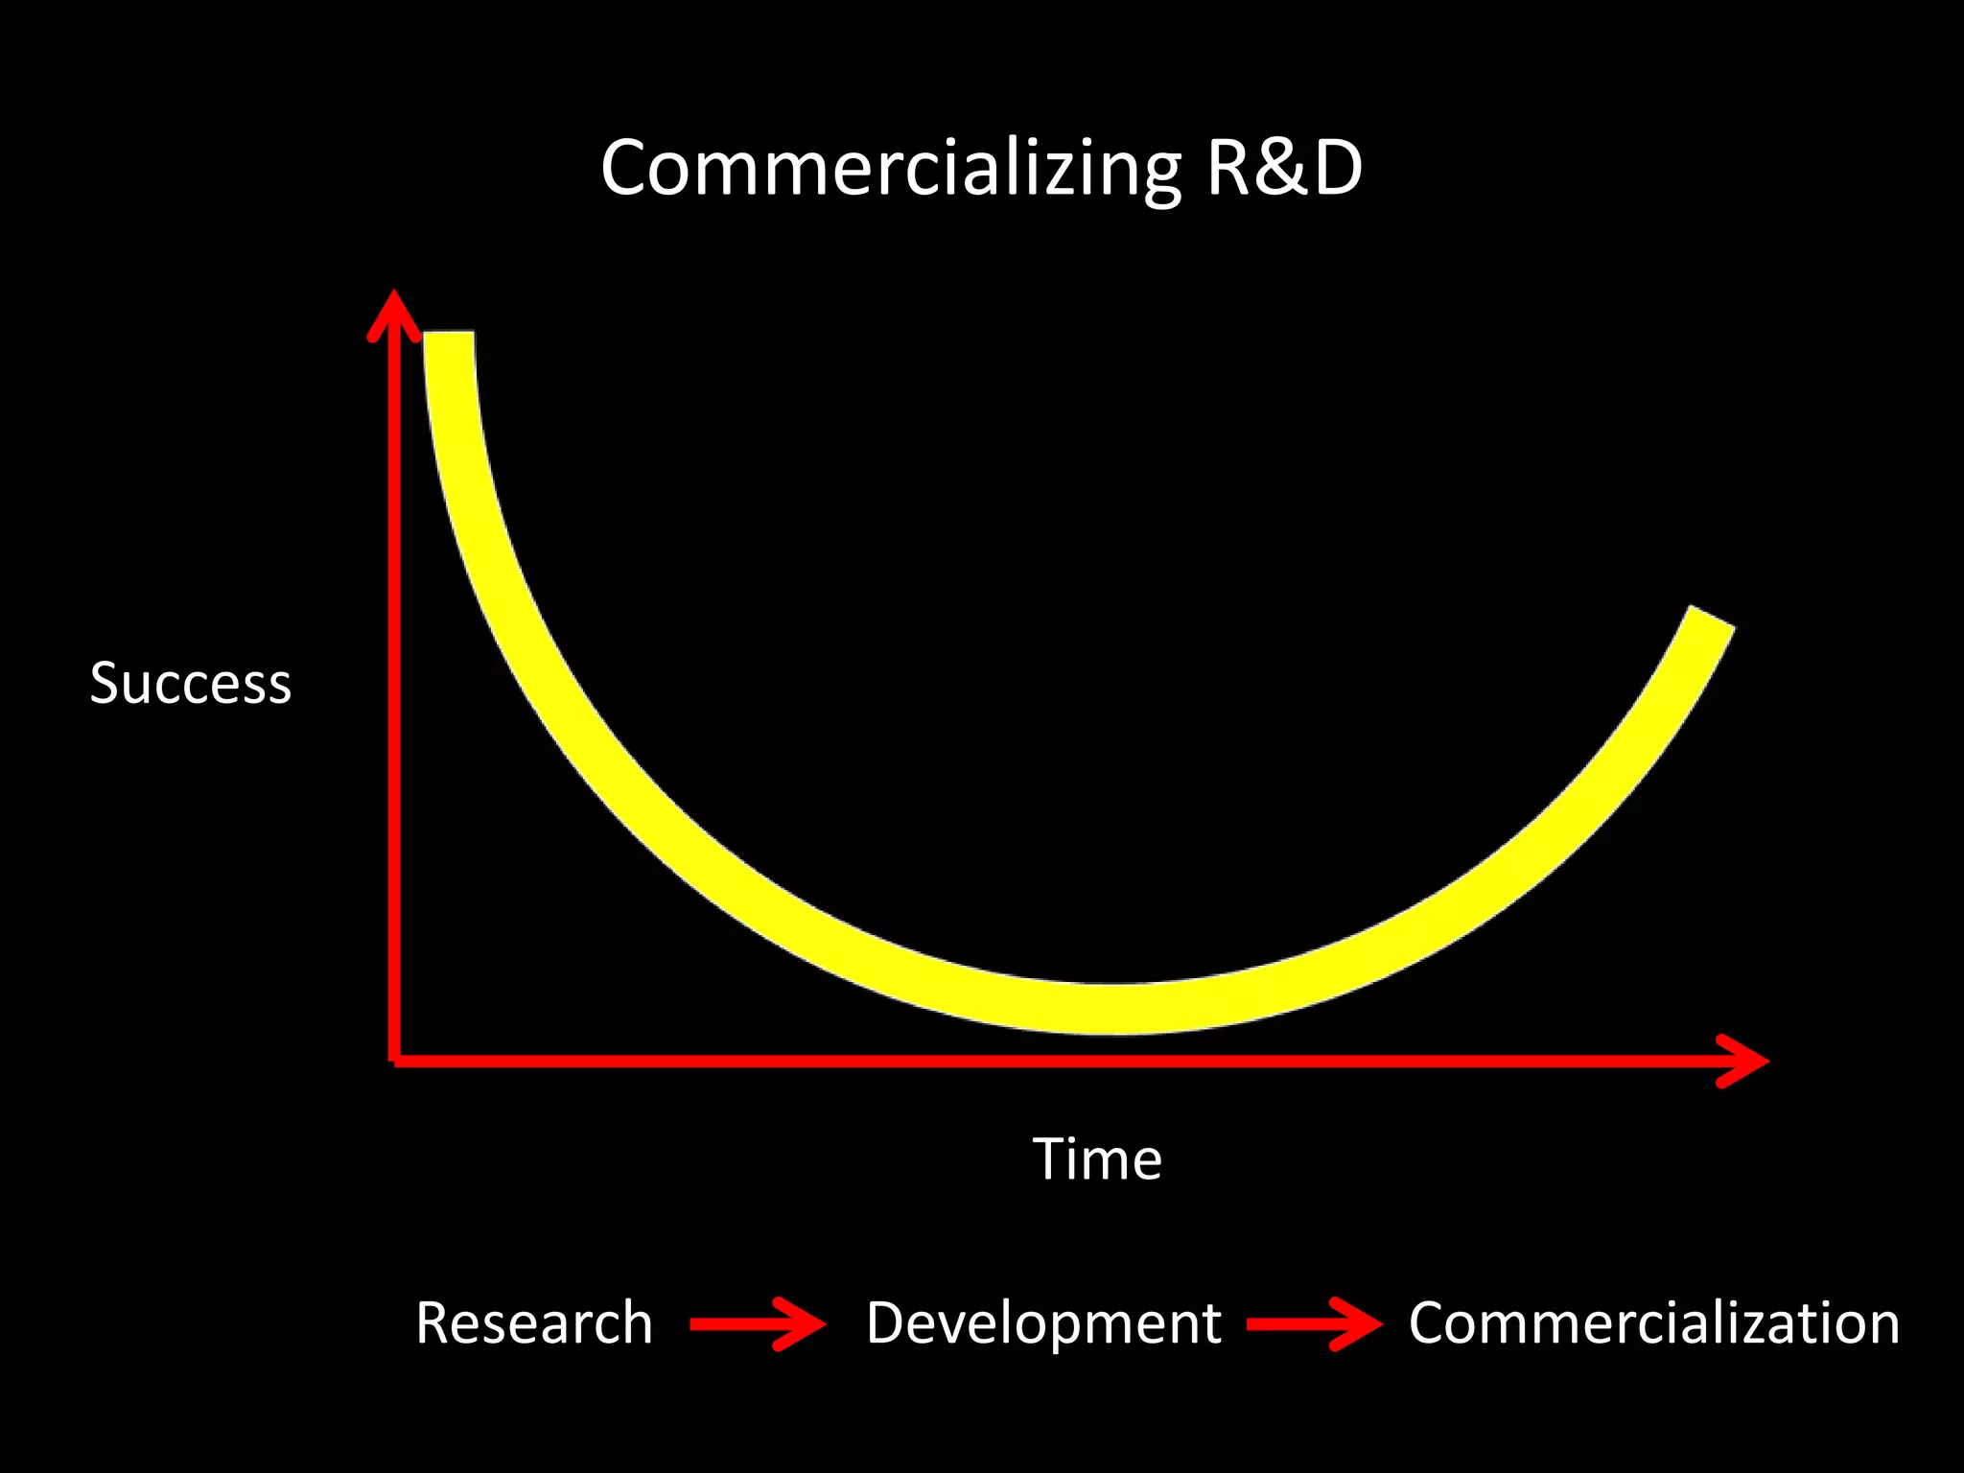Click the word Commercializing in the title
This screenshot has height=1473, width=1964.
pyautogui.click(x=890, y=169)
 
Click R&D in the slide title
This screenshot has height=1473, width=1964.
pyautogui.click(x=1283, y=169)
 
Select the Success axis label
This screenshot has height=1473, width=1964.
pyautogui.click(x=190, y=684)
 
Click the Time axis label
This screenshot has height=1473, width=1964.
pyautogui.click(x=1097, y=1159)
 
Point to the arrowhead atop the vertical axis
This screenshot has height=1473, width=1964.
pyautogui.click(x=394, y=307)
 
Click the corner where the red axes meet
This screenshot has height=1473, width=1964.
pyautogui.click(x=394, y=1060)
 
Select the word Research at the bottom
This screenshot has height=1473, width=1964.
pyautogui.click(x=534, y=1324)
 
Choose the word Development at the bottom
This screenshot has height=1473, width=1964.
pyautogui.click(x=1043, y=1324)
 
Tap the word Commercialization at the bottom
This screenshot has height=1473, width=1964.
pyautogui.click(x=1653, y=1324)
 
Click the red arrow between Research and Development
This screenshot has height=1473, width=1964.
pyautogui.click(x=758, y=1324)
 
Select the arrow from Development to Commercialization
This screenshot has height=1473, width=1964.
pyautogui.click(x=1314, y=1324)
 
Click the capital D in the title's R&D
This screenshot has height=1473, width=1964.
pyautogui.click(x=1337, y=169)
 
